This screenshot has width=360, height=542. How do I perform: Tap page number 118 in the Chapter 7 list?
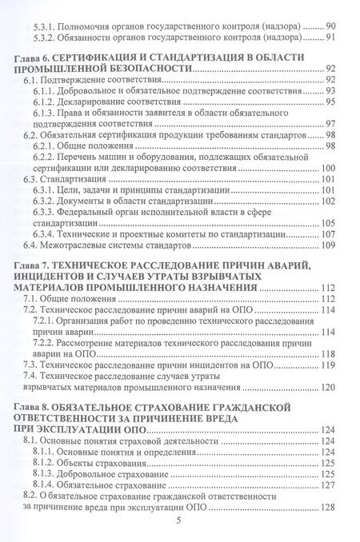click(323, 351)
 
